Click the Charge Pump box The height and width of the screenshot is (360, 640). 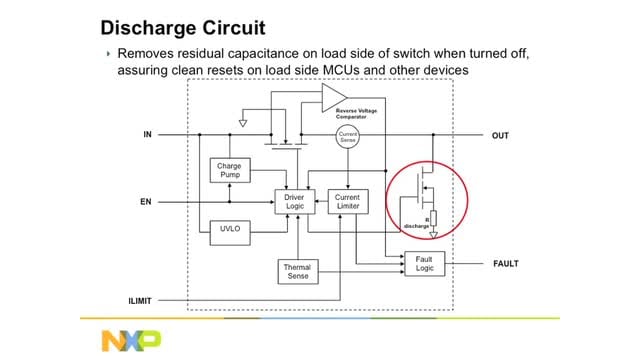(x=230, y=170)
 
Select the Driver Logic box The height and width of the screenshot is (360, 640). (x=295, y=201)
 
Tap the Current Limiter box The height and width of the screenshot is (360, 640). (x=347, y=201)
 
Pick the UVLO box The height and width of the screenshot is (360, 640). (x=230, y=230)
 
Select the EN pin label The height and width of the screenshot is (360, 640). (x=145, y=201)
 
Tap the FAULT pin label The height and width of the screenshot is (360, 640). (x=507, y=265)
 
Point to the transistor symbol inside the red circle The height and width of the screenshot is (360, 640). (x=425, y=188)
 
